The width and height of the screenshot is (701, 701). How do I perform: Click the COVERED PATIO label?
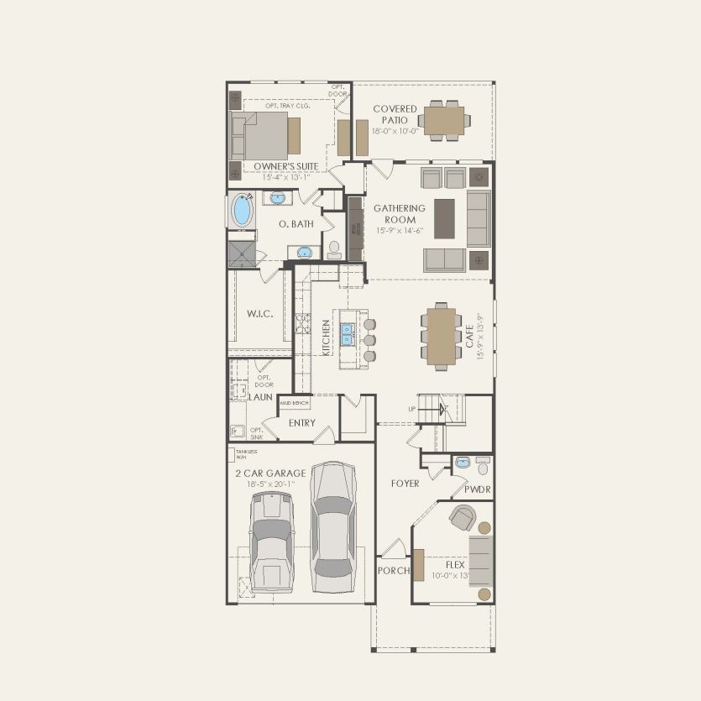(395, 114)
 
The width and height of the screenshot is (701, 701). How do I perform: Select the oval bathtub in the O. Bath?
(242, 210)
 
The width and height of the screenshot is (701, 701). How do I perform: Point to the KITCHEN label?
(327, 337)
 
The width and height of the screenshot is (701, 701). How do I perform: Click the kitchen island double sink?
(348, 333)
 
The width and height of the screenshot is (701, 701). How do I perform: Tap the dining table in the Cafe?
(442, 336)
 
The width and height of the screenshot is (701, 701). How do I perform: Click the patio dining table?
(444, 120)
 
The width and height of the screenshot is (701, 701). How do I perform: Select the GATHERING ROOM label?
(400, 213)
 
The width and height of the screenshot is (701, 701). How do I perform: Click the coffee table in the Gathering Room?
(443, 219)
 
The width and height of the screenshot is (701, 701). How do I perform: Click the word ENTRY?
(301, 423)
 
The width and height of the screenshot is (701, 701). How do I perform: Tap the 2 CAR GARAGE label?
(270, 473)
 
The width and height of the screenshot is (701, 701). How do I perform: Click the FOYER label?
(405, 484)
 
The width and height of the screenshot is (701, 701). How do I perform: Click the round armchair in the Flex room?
(462, 517)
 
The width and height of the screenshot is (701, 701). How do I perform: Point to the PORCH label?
(394, 571)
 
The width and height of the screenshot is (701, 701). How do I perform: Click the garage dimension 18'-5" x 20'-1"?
(270, 484)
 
